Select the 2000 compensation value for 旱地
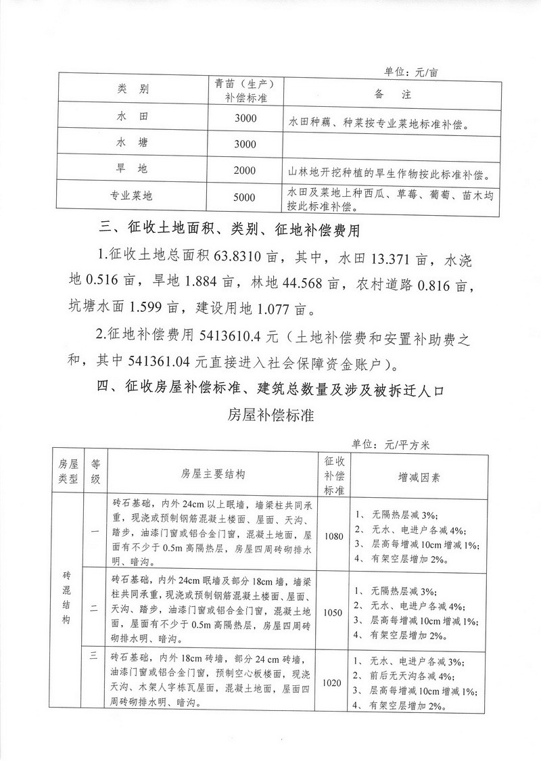pos(244,170)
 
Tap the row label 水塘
pos(132,143)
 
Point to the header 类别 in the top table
pos(132,89)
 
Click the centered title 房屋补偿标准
pos(270,414)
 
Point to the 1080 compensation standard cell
pos(335,535)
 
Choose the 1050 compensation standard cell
pos(335,613)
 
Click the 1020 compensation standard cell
pos(335,683)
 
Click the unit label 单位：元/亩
pos(412,71)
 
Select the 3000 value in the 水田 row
pos(244,118)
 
